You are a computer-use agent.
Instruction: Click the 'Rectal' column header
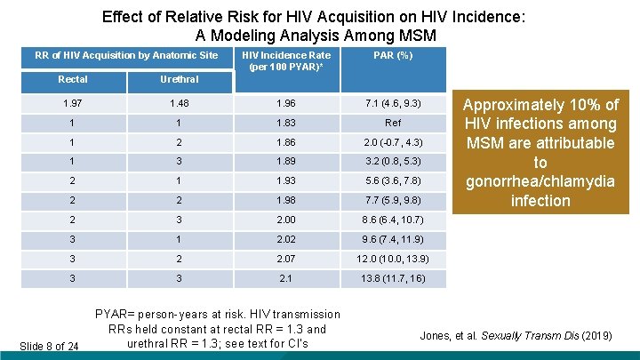point(73,80)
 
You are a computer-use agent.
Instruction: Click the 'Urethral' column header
point(179,80)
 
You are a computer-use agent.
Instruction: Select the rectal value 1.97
point(72,104)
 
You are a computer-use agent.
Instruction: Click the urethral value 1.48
point(179,104)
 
